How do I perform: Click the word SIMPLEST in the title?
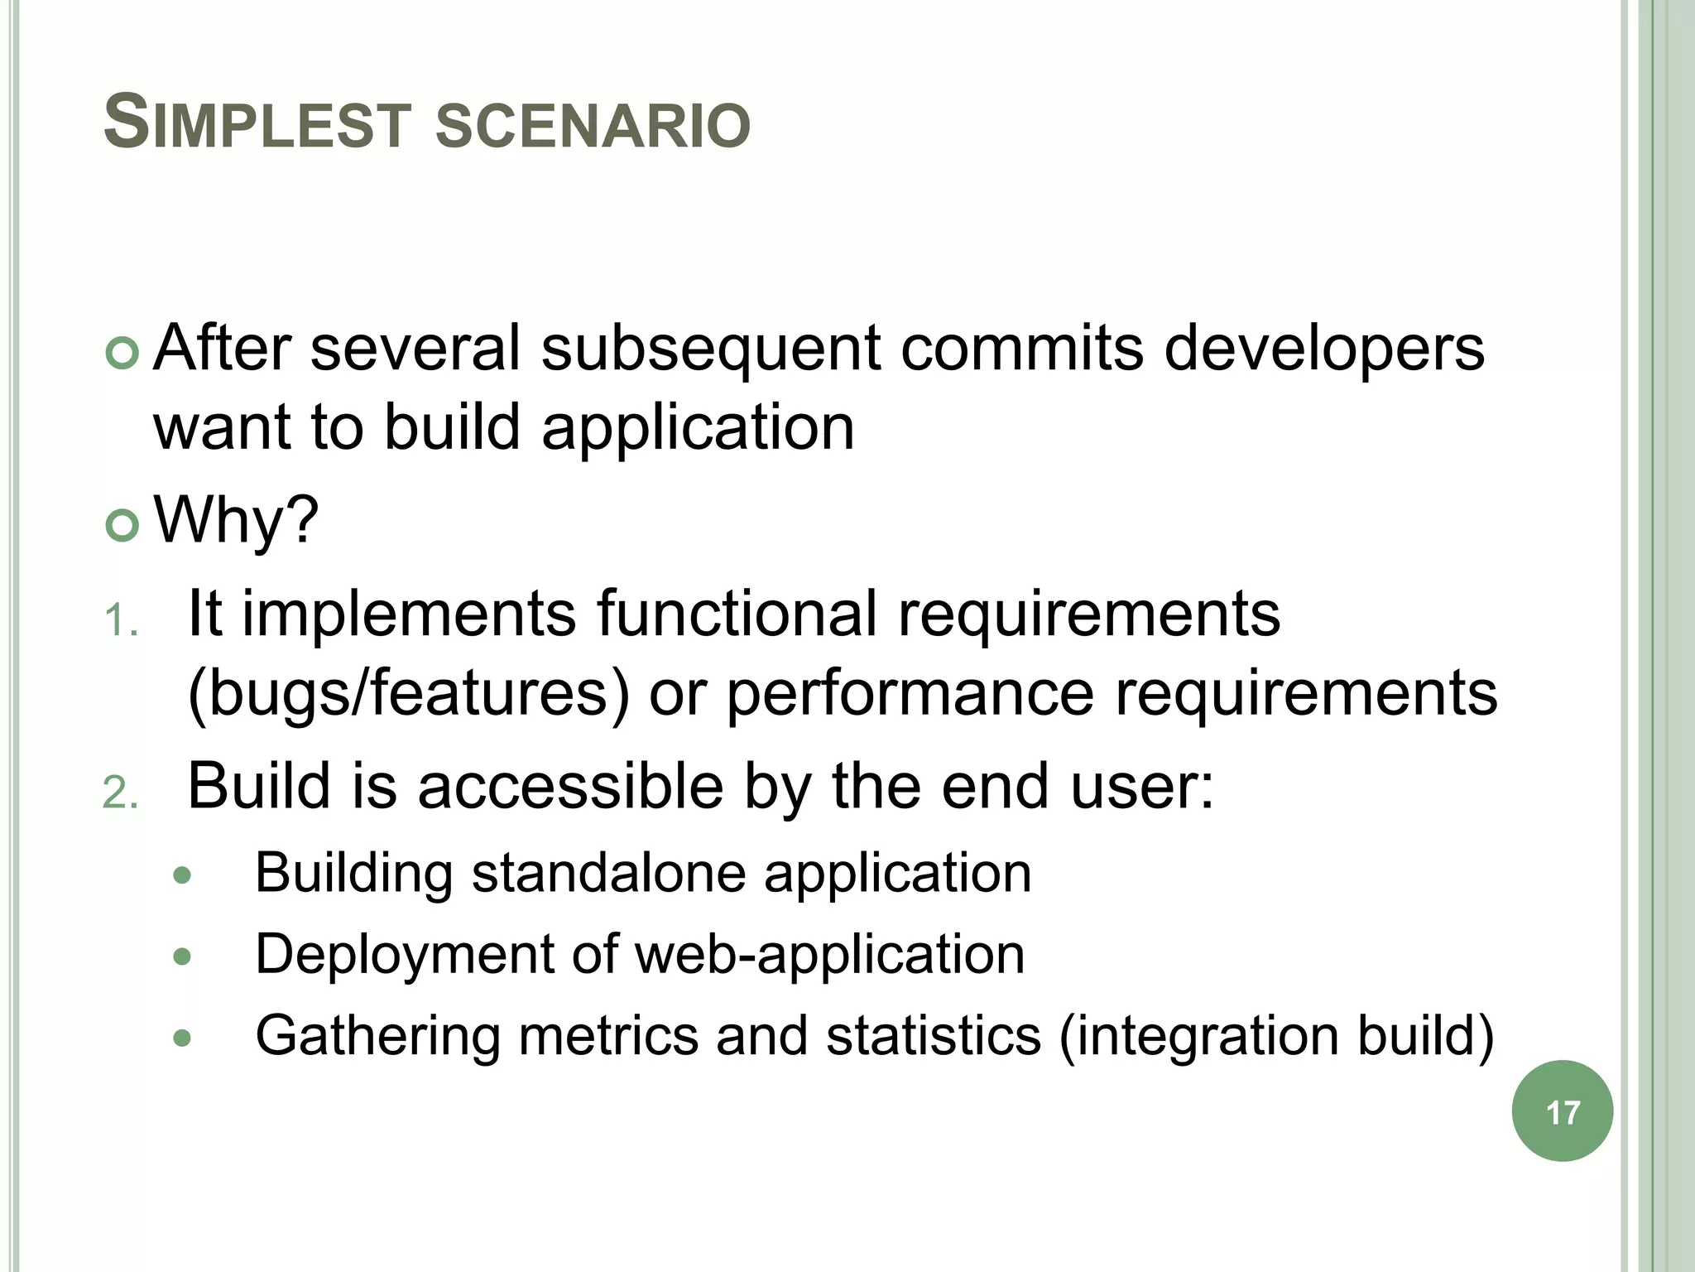[x=257, y=124]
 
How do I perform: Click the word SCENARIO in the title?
[x=593, y=126]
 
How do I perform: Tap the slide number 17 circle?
[x=1562, y=1111]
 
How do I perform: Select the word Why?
[x=237, y=520]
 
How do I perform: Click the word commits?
[x=1022, y=348]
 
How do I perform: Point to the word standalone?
[x=609, y=873]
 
